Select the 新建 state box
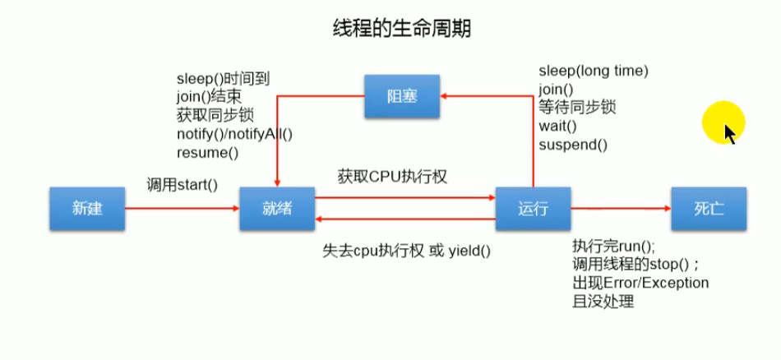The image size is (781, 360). coord(87,208)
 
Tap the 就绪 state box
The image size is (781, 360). coord(277,208)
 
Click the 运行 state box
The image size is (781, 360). coord(533,208)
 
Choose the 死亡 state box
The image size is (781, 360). coord(709,208)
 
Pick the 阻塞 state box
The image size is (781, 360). coord(402,96)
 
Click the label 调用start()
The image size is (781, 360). coord(183,185)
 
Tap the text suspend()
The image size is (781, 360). coord(573,145)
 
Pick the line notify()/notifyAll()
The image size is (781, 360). coord(234,134)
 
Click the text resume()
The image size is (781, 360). coord(207,152)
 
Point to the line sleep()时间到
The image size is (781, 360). coord(224,79)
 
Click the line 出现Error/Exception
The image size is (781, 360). coord(640,283)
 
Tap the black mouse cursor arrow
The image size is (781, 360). coord(730,133)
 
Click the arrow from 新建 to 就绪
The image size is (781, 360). coord(183,208)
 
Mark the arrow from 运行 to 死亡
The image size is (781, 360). coord(620,208)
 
